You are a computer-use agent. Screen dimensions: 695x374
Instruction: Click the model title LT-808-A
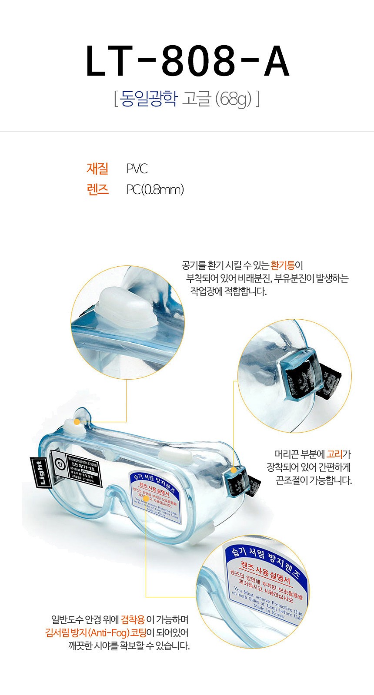187,61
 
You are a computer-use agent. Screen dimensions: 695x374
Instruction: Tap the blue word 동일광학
149,99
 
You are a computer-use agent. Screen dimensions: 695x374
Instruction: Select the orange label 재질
97,169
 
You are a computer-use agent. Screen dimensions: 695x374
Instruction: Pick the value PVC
137,169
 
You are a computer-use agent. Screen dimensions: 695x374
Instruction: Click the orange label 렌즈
97,190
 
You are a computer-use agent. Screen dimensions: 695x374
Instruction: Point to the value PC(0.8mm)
155,190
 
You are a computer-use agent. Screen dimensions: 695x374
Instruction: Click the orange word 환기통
282,265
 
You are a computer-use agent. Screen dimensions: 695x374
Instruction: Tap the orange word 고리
334,454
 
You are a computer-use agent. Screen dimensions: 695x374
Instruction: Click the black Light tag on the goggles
40,473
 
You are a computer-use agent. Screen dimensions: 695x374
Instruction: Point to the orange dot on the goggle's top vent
77,421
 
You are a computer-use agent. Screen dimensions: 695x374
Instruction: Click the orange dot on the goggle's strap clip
234,470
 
